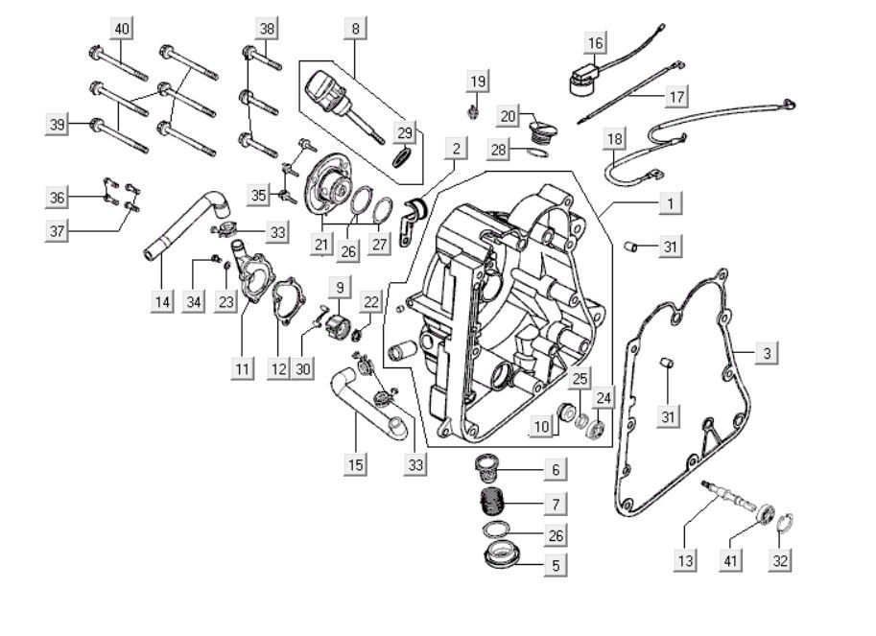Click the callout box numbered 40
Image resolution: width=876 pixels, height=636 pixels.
[122, 29]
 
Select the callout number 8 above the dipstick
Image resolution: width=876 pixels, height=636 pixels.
[356, 29]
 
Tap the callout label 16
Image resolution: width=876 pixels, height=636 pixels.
[597, 43]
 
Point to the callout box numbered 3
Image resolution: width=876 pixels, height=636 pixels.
[767, 353]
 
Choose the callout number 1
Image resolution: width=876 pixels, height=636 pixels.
[671, 203]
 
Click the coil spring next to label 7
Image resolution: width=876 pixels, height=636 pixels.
[492, 501]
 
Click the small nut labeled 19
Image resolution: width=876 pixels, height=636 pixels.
[473, 113]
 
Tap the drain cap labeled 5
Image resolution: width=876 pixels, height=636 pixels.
[502, 555]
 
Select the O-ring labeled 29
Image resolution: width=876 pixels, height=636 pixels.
[405, 155]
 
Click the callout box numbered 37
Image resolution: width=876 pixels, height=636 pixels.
[59, 230]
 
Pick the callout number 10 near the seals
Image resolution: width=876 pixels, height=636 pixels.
[542, 426]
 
